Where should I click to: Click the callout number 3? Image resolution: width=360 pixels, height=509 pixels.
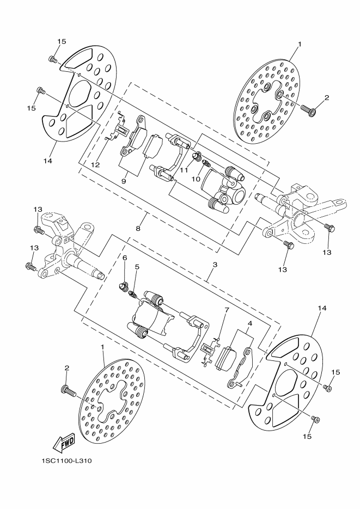click(215, 264)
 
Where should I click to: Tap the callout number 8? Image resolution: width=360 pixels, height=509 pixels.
click(138, 229)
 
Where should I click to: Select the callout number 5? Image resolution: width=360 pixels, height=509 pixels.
click(137, 267)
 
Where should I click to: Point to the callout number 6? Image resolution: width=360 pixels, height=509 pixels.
click(125, 257)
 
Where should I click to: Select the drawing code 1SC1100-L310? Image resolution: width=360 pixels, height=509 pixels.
click(66, 461)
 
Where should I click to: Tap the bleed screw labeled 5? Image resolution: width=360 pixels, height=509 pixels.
click(131, 295)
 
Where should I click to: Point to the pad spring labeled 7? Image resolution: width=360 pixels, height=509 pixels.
click(208, 351)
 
